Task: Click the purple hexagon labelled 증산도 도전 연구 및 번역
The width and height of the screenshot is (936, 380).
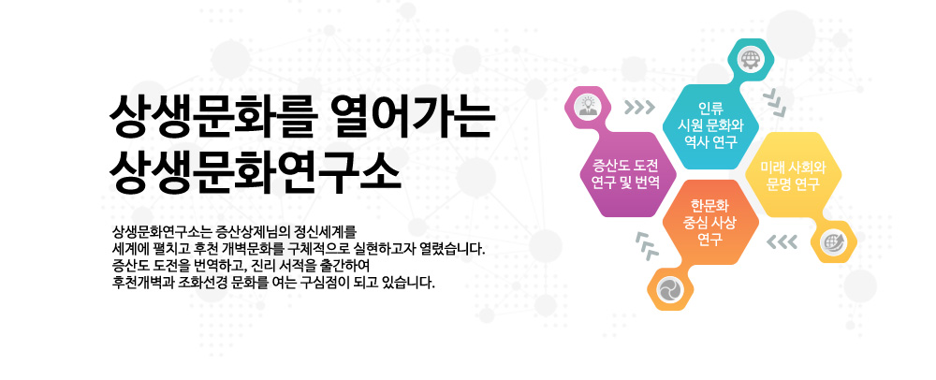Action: tap(628, 174)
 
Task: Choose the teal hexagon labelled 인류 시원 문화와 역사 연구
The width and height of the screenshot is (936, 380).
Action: tap(710, 125)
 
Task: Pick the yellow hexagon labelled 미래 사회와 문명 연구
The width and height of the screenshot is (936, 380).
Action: tap(794, 174)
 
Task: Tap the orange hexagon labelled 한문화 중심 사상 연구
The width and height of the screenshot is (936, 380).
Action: tap(710, 222)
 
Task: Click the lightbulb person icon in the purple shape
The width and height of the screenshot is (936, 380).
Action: tap(588, 107)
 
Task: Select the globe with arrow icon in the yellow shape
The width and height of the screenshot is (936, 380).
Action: tap(833, 241)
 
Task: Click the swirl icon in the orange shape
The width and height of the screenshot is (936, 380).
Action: tap(667, 289)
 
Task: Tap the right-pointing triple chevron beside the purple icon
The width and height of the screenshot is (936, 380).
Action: tap(639, 108)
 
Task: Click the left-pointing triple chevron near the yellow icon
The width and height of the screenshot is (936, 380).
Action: tap(782, 241)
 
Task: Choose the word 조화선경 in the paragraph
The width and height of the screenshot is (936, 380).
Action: tap(197, 281)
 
